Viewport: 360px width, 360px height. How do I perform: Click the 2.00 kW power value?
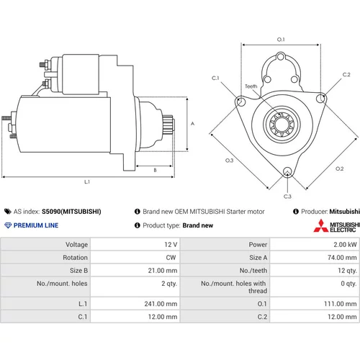[345, 245]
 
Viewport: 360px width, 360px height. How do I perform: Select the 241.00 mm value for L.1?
[161, 304]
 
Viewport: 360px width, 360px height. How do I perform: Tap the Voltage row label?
[76, 245]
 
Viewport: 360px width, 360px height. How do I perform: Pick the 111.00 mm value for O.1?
[341, 304]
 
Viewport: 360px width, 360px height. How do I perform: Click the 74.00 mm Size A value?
[342, 258]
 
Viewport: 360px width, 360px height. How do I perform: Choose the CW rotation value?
[171, 258]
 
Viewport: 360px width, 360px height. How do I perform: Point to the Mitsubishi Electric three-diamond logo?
[320, 226]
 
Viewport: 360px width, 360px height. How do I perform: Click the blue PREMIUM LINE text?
[36, 225]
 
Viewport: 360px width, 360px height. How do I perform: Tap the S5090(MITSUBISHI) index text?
[71, 212]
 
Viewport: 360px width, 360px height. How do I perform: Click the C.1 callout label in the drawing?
[215, 78]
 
